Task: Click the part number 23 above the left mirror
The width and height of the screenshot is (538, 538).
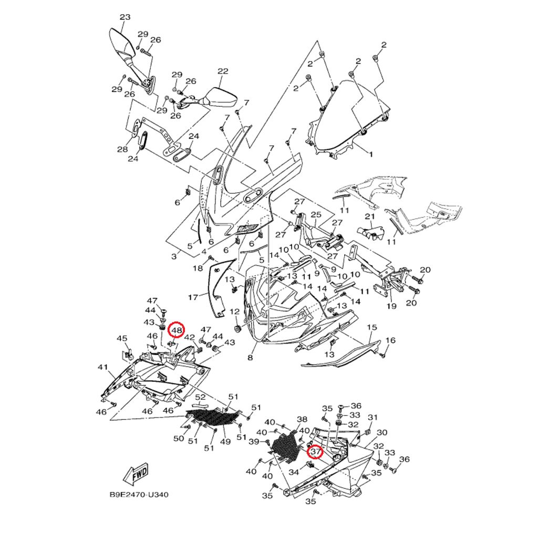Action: pyautogui.click(x=125, y=17)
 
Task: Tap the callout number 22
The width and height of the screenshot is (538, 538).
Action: pyautogui.click(x=223, y=71)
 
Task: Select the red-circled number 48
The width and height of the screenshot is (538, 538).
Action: pyautogui.click(x=177, y=330)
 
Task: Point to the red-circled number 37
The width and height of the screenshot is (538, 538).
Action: pyautogui.click(x=315, y=451)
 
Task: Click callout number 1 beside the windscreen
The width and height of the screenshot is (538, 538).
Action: pyautogui.click(x=371, y=154)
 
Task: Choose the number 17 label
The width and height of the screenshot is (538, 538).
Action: pyautogui.click(x=193, y=297)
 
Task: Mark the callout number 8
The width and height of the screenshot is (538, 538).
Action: pyautogui.click(x=250, y=358)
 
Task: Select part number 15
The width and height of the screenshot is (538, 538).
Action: pyautogui.click(x=371, y=328)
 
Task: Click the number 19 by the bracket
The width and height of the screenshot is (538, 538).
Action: pyautogui.click(x=391, y=306)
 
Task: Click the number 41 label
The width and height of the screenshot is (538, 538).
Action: pyautogui.click(x=102, y=367)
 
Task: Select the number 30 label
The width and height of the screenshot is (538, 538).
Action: pyautogui.click(x=382, y=432)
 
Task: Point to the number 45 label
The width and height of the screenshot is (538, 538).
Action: pyautogui.click(x=122, y=338)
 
